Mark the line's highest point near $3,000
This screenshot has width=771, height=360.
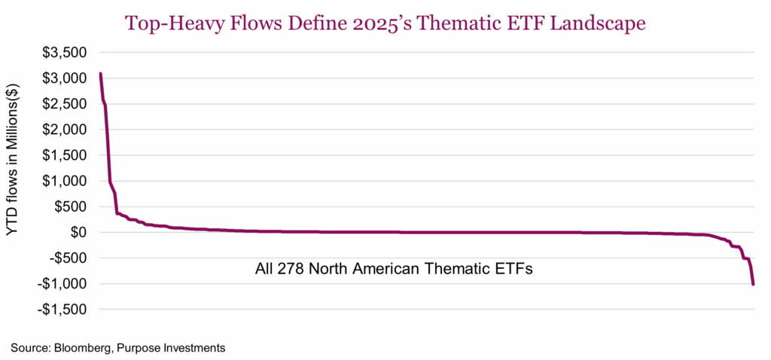click(100, 74)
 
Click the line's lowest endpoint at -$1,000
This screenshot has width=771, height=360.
click(753, 284)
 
